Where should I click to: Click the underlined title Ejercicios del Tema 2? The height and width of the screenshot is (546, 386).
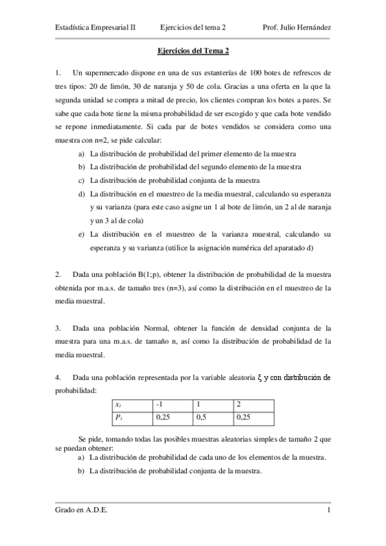[x=193, y=50]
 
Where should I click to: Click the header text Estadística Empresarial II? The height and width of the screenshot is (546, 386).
[x=95, y=28]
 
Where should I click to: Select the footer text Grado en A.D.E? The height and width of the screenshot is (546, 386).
[x=81, y=511]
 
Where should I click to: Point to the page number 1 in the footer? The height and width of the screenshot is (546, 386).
[x=329, y=511]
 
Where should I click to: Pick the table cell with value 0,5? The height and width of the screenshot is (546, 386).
[x=202, y=417]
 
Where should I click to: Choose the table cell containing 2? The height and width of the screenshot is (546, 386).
[x=239, y=404]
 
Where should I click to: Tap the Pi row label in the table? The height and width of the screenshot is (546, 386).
[x=119, y=417]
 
